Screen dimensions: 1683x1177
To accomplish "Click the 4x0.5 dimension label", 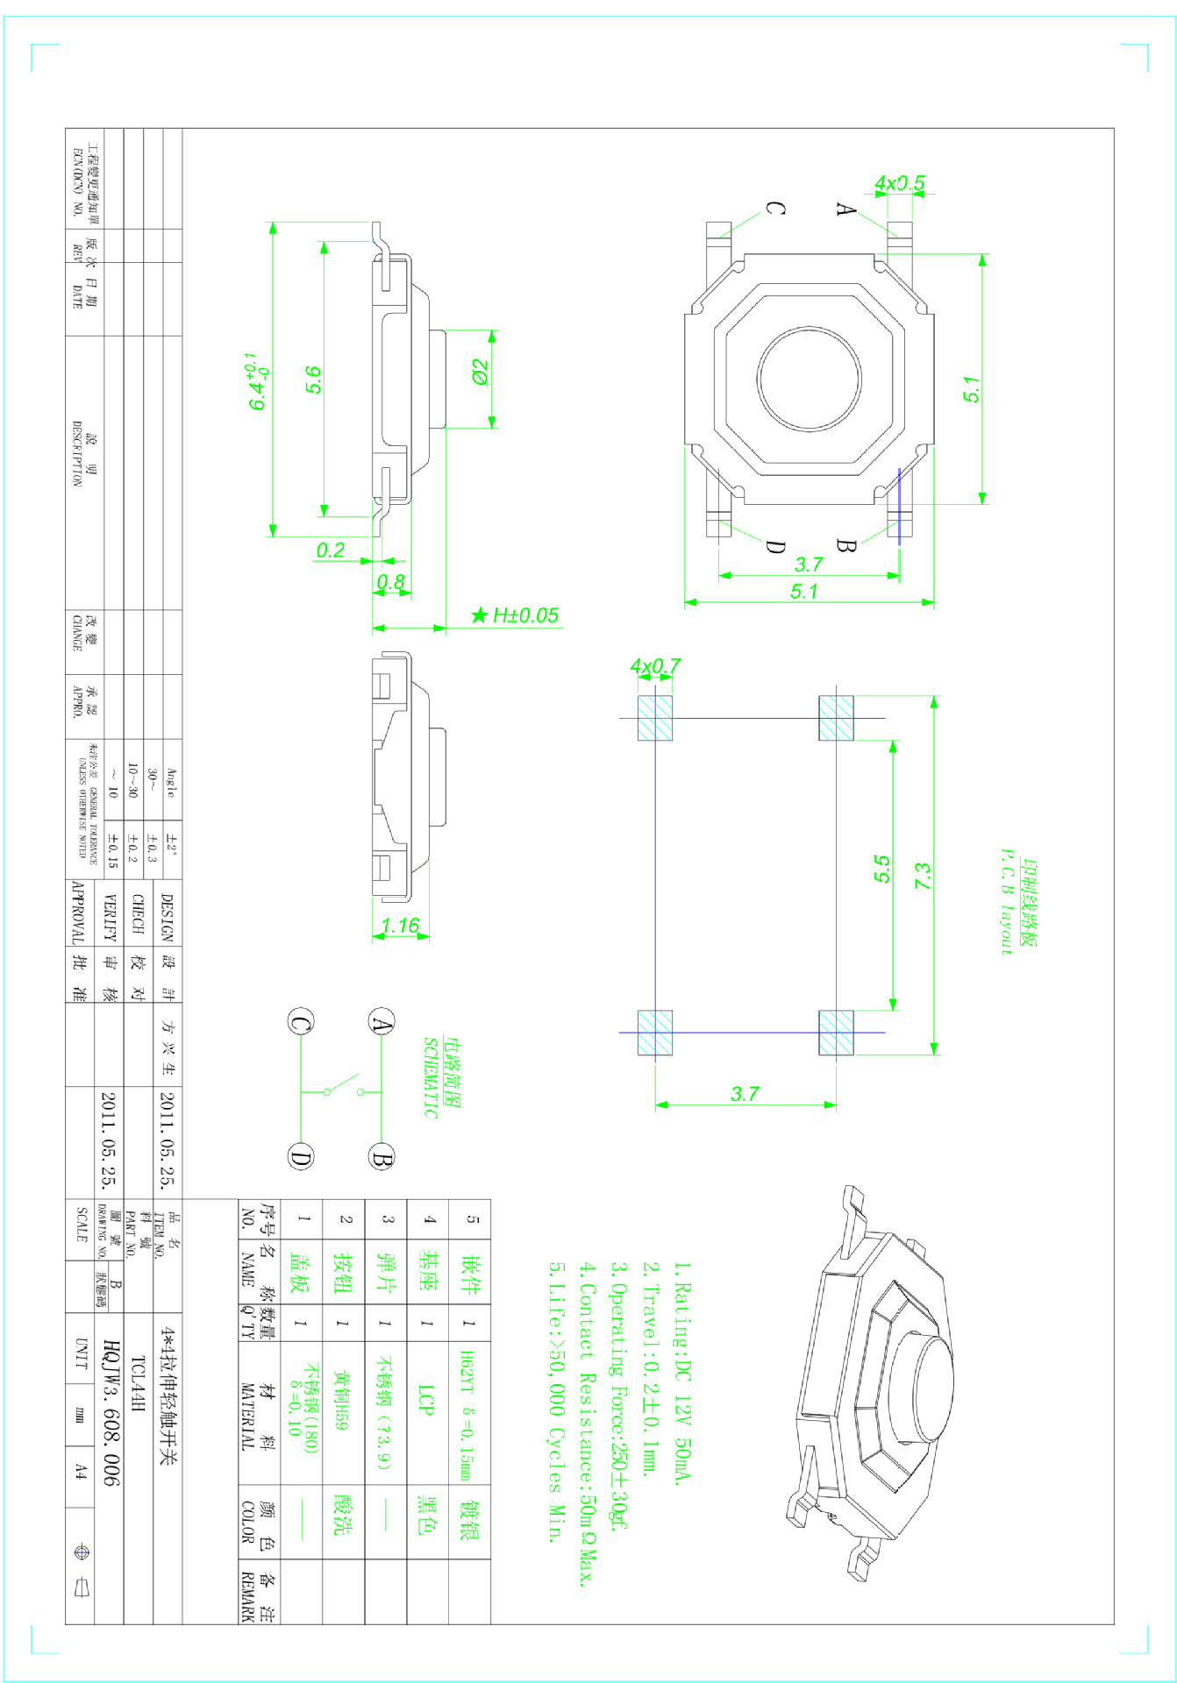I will (x=899, y=184).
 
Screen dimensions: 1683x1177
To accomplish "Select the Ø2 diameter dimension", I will (x=480, y=372).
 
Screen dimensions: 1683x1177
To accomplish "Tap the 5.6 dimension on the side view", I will (x=313, y=380).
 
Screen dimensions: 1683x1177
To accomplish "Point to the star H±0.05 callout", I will (x=515, y=615).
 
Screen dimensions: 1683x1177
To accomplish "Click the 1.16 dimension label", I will (x=401, y=926).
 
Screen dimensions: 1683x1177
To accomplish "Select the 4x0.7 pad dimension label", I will (x=655, y=666).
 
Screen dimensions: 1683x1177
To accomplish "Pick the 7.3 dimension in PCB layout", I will (x=923, y=876).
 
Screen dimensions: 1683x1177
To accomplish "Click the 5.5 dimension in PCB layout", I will (x=881, y=869).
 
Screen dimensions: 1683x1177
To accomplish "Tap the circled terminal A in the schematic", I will (x=382, y=1022).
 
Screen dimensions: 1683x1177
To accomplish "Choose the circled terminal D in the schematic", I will (x=300, y=1157).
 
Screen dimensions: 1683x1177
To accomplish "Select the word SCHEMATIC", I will (x=431, y=1078).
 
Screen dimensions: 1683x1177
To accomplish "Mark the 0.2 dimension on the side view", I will (x=331, y=550).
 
